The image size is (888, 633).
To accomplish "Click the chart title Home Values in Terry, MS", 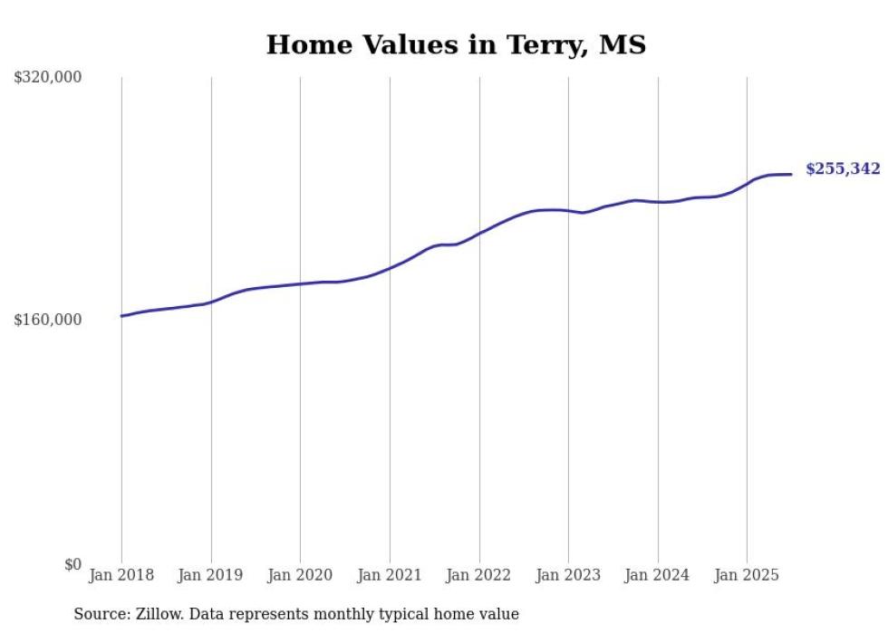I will [x=456, y=45].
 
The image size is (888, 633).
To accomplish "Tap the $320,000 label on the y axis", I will [x=48, y=78].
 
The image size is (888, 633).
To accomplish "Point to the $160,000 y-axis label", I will [x=48, y=321].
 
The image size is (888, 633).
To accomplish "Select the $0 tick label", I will [x=72, y=564].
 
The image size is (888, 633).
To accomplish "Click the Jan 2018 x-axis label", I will [x=121, y=575].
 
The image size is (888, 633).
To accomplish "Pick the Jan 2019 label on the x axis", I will [x=211, y=575].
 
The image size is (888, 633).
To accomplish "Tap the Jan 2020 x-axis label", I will [x=300, y=575].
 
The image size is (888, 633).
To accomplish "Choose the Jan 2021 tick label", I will [x=390, y=575].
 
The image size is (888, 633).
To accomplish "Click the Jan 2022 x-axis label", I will [x=479, y=575].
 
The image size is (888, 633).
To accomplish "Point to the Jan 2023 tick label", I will [x=568, y=575].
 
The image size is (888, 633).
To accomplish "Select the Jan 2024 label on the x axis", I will [x=658, y=575].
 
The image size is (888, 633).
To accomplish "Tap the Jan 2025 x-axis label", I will [x=747, y=575].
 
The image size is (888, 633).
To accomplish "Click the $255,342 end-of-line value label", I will [x=842, y=169].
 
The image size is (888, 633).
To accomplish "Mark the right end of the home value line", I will [x=791, y=174].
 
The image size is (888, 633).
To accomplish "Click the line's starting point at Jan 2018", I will [x=121, y=316].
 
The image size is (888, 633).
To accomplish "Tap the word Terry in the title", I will [x=542, y=45].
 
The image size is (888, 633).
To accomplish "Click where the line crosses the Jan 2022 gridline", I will [x=479, y=233].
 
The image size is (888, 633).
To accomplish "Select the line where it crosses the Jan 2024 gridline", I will [x=658, y=202].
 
